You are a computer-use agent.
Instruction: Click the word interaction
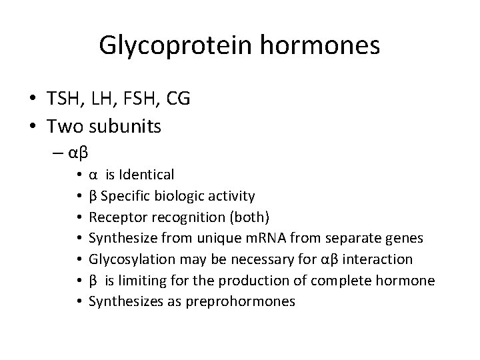click(x=380, y=259)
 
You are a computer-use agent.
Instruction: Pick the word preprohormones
click(x=249, y=301)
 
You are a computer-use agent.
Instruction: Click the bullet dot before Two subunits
click(x=33, y=126)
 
